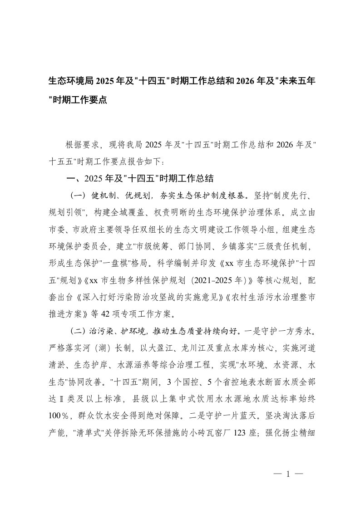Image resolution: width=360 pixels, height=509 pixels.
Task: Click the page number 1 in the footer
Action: [288, 474]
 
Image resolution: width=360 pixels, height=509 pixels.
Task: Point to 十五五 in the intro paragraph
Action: [63, 161]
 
